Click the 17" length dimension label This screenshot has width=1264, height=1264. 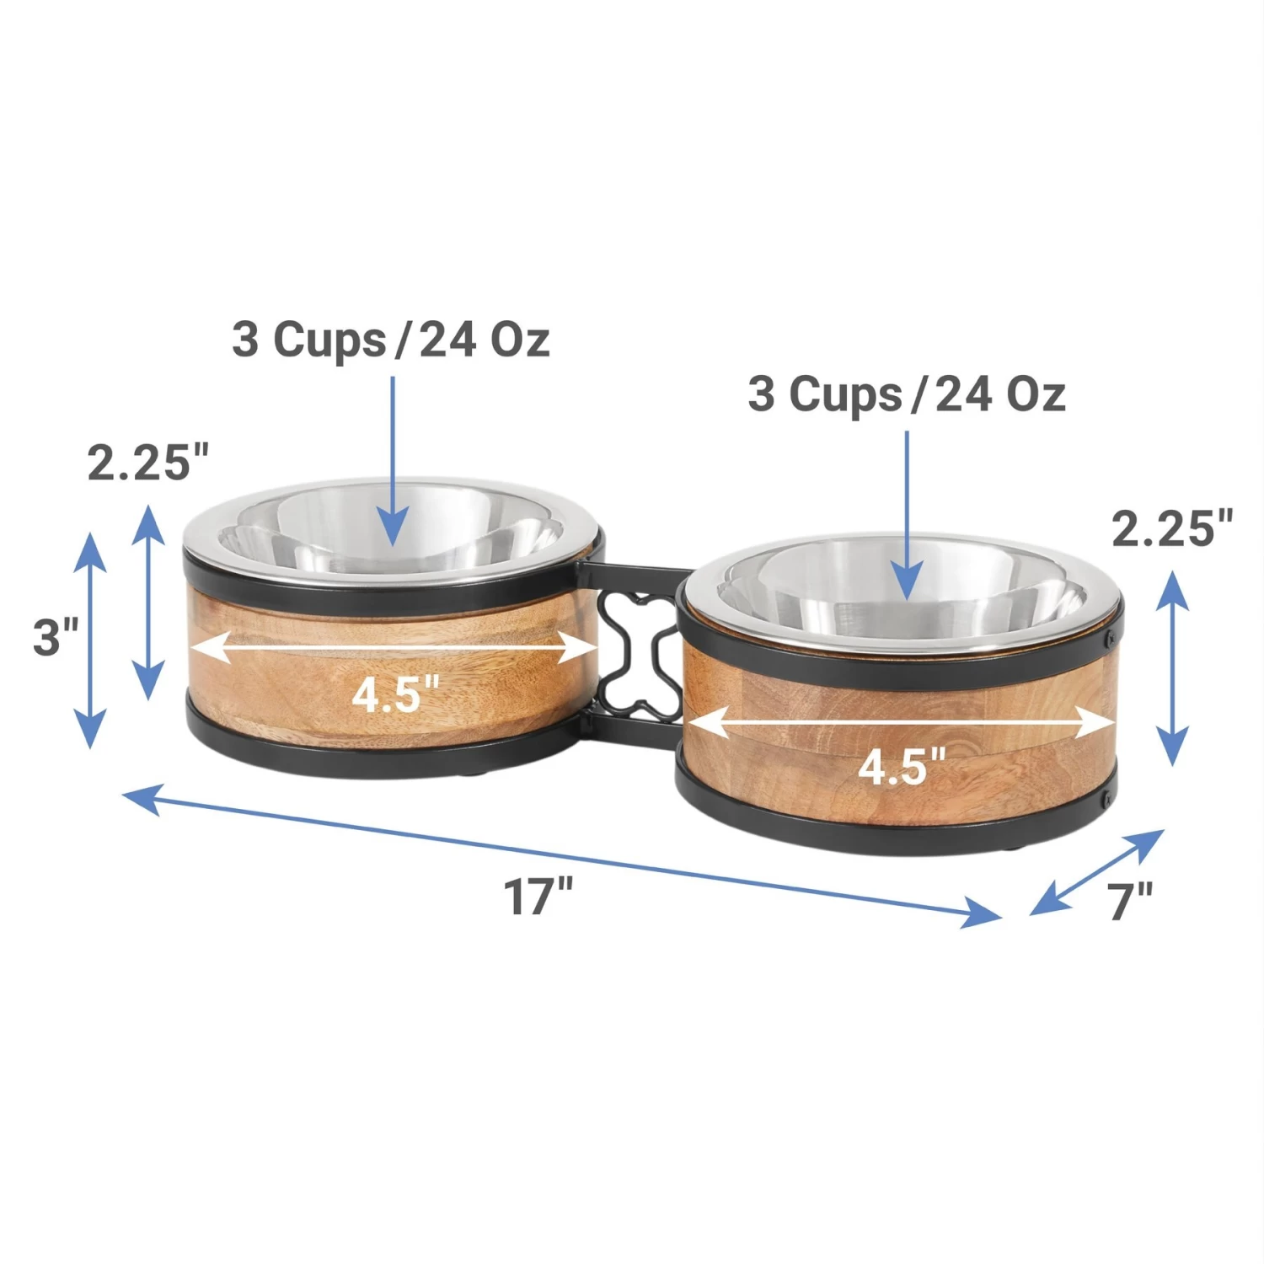tap(538, 896)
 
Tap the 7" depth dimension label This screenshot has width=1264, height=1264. tap(1129, 901)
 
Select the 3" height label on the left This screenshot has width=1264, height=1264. tap(55, 636)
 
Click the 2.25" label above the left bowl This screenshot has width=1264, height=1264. tap(147, 463)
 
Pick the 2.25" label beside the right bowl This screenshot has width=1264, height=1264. tap(1171, 528)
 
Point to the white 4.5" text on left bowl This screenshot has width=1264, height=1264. tap(395, 695)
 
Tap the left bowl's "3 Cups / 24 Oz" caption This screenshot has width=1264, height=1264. tap(391, 340)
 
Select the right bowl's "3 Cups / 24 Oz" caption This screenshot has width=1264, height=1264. tap(907, 394)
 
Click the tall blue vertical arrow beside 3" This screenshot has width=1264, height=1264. tap(90, 640)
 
